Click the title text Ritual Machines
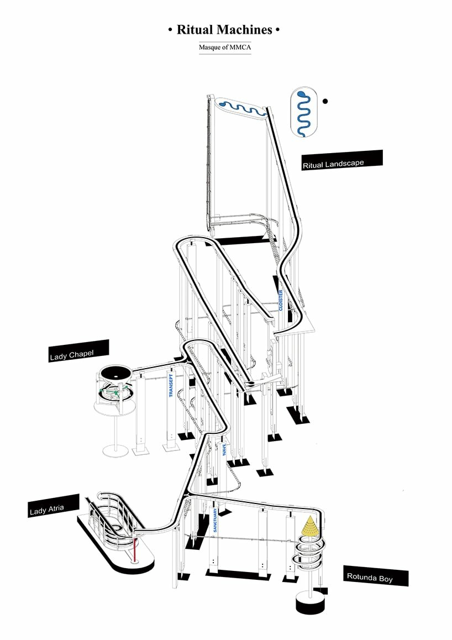click(224, 30)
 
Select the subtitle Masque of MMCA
click(225, 48)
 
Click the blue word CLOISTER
click(281, 301)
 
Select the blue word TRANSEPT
click(171, 386)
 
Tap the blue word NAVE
click(224, 449)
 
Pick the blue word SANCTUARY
click(215, 520)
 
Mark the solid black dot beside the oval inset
click(325, 101)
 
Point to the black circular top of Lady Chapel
click(116, 373)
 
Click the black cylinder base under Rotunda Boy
click(311, 604)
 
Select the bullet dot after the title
click(278, 30)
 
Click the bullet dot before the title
click(170, 30)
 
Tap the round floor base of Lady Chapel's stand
click(115, 450)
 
